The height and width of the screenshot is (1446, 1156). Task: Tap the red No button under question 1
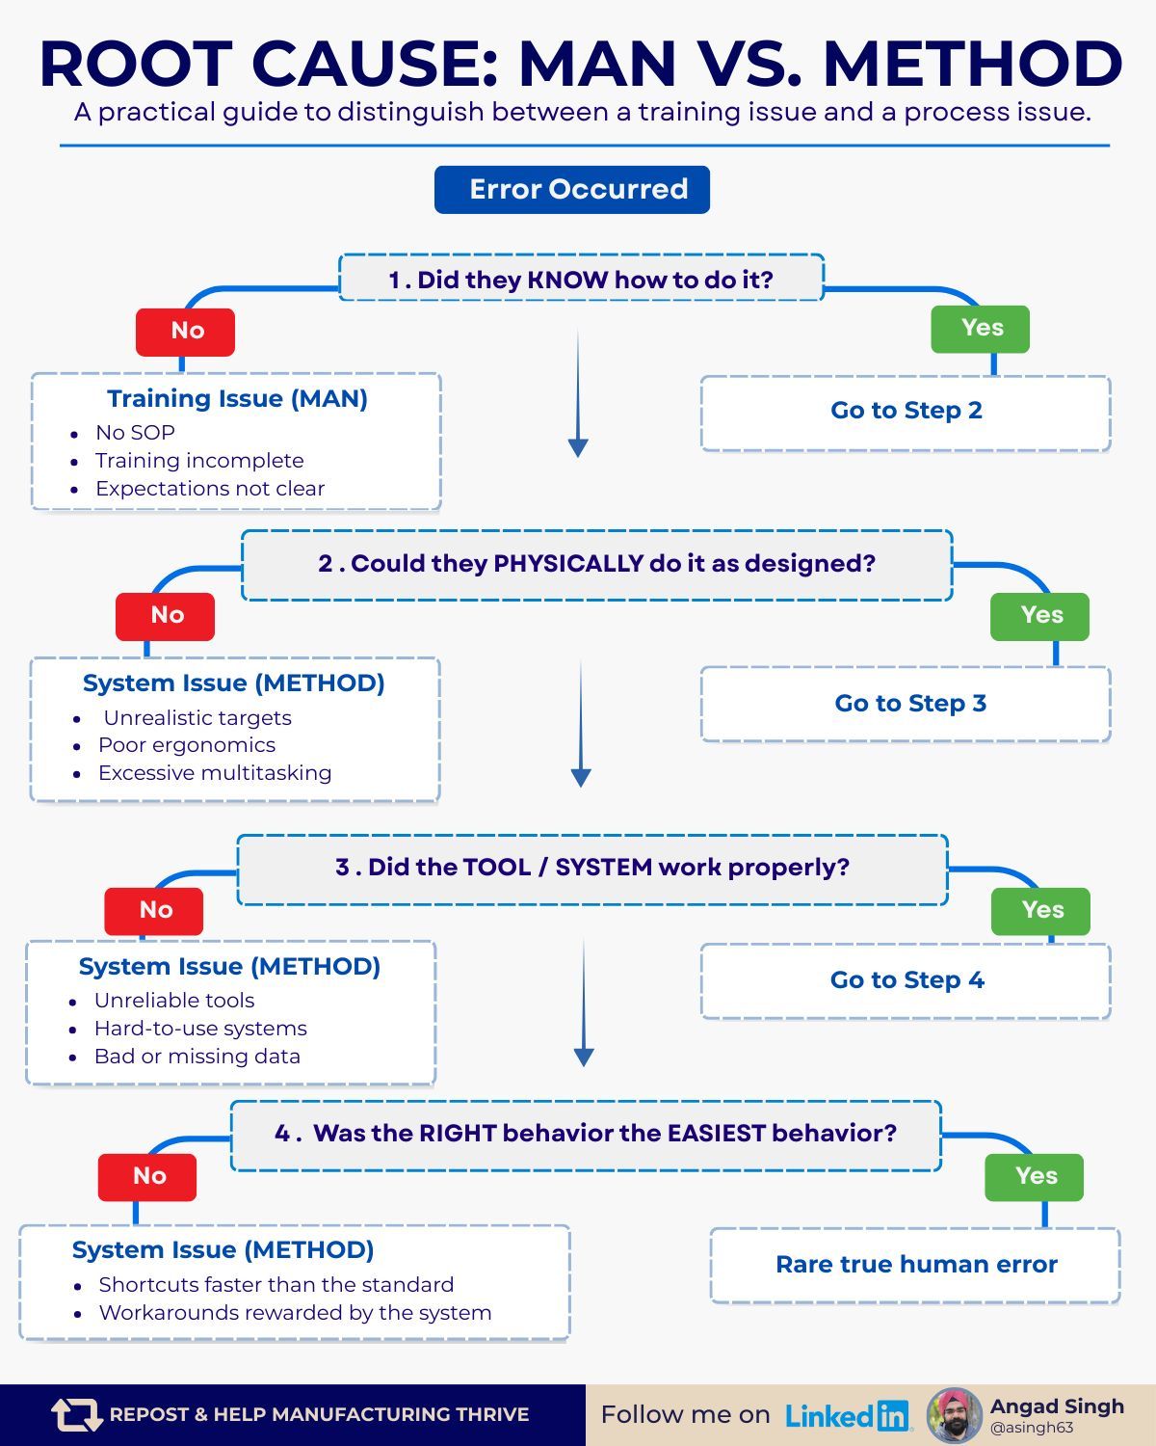click(185, 332)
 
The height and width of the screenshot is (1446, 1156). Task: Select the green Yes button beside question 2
click(1039, 616)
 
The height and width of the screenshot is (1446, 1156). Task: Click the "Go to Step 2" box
click(906, 412)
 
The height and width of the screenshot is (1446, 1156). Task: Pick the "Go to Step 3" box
click(906, 704)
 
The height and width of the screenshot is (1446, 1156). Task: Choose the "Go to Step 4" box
click(906, 980)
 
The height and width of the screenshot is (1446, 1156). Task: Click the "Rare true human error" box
click(915, 1265)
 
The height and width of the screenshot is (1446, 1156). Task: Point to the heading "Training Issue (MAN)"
click(237, 399)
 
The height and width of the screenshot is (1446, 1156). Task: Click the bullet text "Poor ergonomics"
click(187, 745)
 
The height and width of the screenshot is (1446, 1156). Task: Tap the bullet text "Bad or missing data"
click(197, 1057)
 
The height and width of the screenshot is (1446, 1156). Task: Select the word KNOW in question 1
click(567, 281)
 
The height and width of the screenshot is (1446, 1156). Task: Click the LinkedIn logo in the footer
click(848, 1415)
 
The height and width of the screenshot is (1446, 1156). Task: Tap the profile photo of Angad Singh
click(954, 1415)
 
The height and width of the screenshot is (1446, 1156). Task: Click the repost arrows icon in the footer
click(76, 1415)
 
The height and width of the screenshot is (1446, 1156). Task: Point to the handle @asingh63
click(1032, 1429)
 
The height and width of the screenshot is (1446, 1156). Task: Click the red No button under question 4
click(147, 1177)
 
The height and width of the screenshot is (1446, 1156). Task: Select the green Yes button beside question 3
click(1040, 911)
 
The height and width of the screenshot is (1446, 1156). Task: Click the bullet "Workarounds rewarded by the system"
click(295, 1313)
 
